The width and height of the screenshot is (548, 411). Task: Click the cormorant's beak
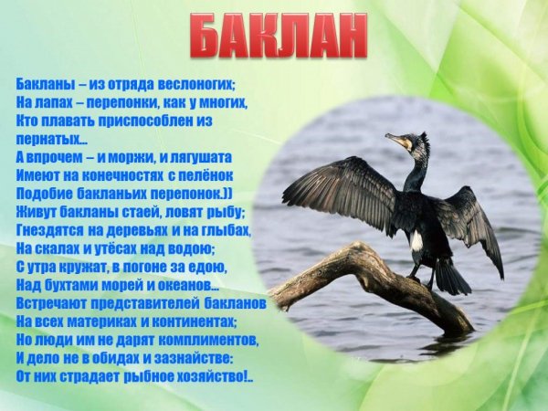pos(395,141)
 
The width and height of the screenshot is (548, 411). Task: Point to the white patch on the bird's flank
pos(416,241)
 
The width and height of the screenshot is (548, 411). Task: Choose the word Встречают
pos(53,301)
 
